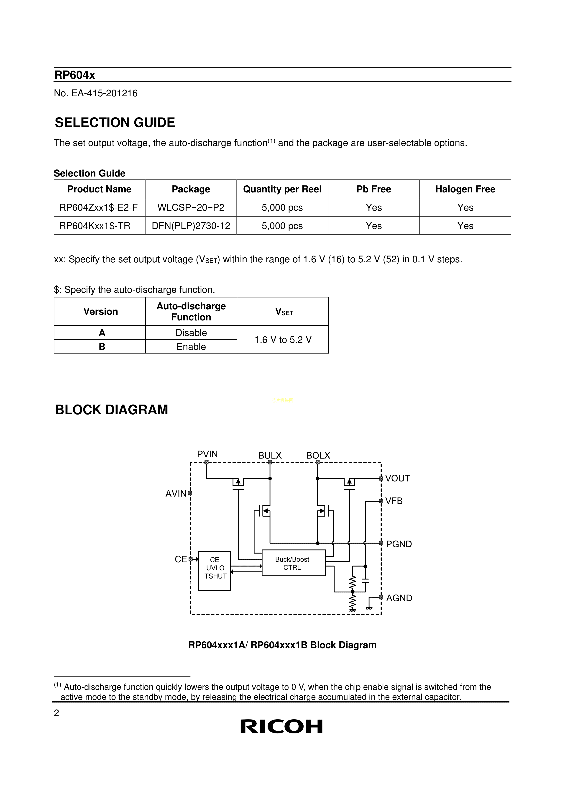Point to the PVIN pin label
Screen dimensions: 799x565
coord(207,454)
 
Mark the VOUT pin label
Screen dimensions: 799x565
coord(397,479)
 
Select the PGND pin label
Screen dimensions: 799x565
coord(399,544)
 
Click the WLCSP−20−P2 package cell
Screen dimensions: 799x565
coord(191,208)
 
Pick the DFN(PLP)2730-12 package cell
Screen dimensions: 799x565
coord(191,226)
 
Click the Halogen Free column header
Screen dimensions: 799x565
coord(465,189)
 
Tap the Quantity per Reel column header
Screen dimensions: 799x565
coord(282,189)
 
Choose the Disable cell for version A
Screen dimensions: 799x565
coord(191,333)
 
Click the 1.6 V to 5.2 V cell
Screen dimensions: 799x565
coord(283,340)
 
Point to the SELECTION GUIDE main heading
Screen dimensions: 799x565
coord(115,123)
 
